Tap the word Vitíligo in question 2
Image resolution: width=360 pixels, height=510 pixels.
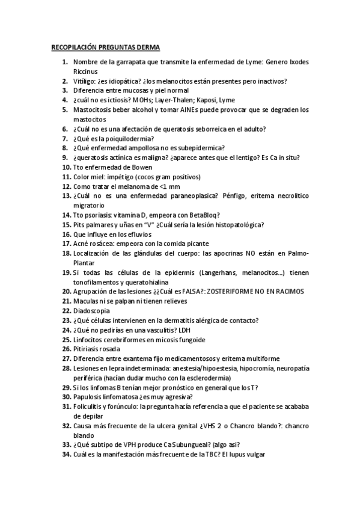pyautogui.click(x=86, y=81)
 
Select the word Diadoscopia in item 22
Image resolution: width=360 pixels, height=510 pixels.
pyautogui.click(x=91, y=311)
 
